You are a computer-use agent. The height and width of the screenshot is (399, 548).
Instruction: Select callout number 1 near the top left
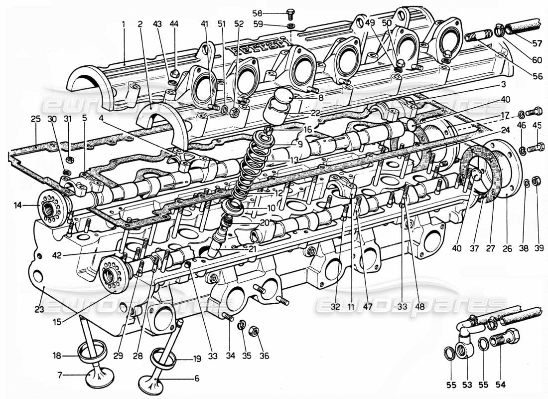coord(124,23)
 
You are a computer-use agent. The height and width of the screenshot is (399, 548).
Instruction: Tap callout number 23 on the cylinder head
coord(39,309)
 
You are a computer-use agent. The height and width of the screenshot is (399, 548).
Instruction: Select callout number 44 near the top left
coord(174,23)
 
